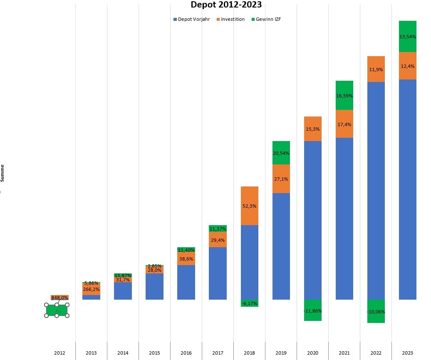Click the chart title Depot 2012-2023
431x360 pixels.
click(x=227, y=5)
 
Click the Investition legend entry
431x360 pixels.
click(x=233, y=19)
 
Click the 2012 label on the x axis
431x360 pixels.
click(x=59, y=353)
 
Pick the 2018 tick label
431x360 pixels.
click(x=249, y=353)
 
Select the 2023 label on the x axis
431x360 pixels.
click(x=407, y=353)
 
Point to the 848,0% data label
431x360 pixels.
click(x=59, y=297)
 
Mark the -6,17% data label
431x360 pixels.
click(x=249, y=303)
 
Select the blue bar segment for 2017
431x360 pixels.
click(x=218, y=273)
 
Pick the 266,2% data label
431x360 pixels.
click(x=91, y=289)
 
